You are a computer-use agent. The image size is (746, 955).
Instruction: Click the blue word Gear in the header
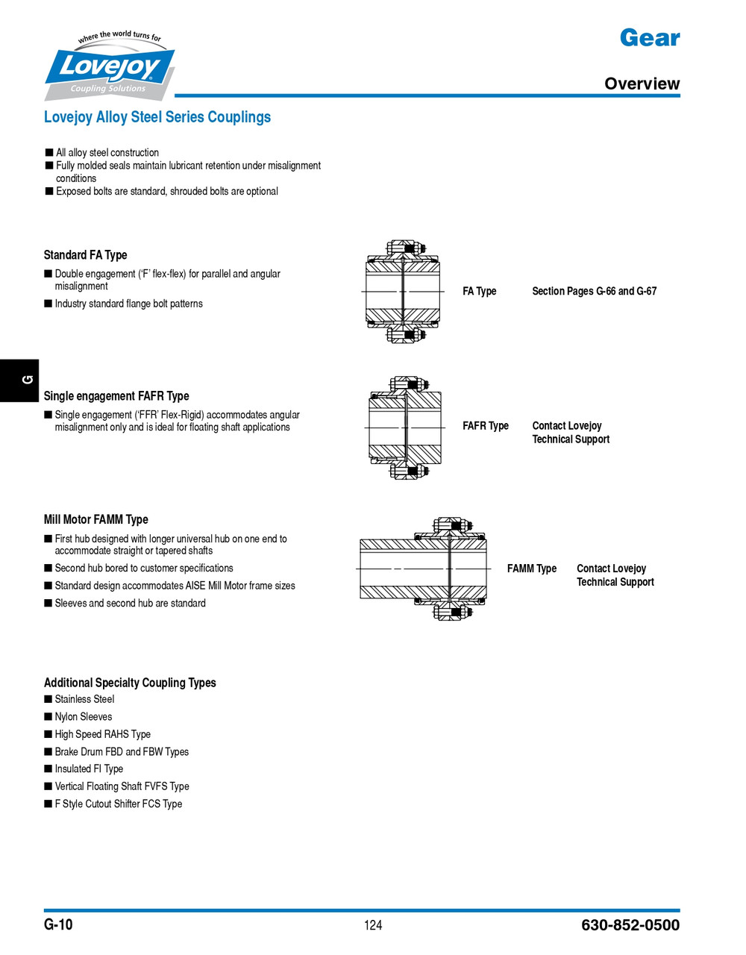[x=649, y=38]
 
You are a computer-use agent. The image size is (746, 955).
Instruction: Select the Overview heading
[x=642, y=84]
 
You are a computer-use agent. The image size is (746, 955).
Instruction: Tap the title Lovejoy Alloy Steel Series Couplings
[x=157, y=117]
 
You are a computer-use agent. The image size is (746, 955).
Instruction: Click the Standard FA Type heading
[x=85, y=255]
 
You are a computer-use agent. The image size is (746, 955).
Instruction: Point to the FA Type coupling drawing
[x=403, y=292]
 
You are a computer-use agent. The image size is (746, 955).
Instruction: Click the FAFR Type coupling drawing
[x=405, y=428]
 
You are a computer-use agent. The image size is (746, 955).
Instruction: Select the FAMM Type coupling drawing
[x=424, y=569]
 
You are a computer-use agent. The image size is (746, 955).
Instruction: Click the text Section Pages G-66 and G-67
[x=594, y=291]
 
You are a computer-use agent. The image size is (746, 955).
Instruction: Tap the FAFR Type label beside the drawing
[x=485, y=426]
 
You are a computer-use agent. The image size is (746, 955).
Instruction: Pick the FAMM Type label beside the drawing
[x=531, y=569]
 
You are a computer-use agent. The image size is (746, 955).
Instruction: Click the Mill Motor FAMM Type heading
[x=95, y=519]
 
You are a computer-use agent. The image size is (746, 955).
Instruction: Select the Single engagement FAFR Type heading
[x=116, y=396]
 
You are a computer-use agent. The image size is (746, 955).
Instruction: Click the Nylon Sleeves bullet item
[x=83, y=717]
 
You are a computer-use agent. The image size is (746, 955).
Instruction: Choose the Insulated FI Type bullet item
[x=89, y=769]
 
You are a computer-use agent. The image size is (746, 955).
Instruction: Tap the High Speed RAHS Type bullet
[x=102, y=734]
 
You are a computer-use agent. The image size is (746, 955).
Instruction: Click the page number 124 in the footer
[x=373, y=925]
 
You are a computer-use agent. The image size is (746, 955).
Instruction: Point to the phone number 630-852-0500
[x=630, y=925]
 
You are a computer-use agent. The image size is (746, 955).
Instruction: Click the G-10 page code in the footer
[x=58, y=924]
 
